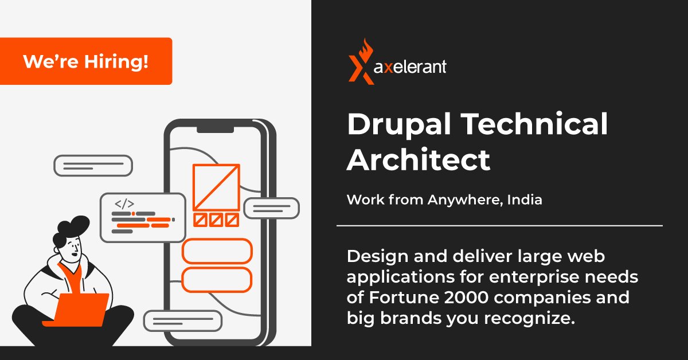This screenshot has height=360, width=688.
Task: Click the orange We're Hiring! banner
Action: [x=86, y=61]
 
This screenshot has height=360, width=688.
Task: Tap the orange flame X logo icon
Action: [x=361, y=62]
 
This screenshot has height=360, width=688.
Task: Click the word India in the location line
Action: [x=525, y=201]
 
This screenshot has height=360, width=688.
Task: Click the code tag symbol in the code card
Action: [x=124, y=204]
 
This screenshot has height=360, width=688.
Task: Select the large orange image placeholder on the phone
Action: [x=216, y=187]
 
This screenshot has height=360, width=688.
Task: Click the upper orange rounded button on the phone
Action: [x=217, y=251]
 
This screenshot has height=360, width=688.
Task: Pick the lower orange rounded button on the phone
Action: [x=217, y=279]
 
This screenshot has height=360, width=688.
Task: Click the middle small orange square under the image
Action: [x=216, y=220]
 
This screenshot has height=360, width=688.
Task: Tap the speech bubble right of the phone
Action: [x=271, y=208]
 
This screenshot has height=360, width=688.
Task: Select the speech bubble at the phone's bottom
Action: [x=182, y=320]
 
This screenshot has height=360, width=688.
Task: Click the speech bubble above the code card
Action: [x=93, y=166]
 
